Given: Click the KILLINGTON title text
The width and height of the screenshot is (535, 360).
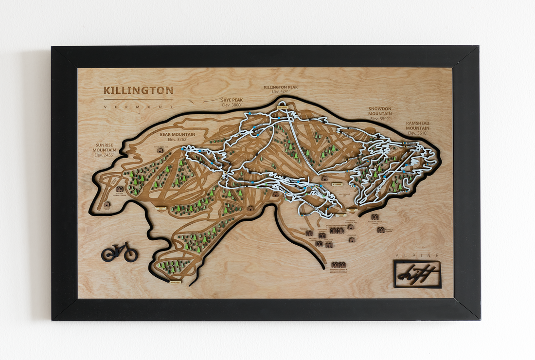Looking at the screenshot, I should coord(138,90).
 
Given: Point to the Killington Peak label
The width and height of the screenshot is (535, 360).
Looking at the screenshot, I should coord(281,88).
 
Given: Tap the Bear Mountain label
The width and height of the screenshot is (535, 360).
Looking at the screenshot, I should coord(178,134).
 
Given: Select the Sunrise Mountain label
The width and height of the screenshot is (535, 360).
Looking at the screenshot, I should coord(105,147).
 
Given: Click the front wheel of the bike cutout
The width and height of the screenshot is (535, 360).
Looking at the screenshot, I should coord(131,255).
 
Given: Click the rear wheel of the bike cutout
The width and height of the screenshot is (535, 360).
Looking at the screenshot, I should coord(108,254).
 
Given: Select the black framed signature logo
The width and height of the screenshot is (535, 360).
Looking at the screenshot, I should coord(417,274).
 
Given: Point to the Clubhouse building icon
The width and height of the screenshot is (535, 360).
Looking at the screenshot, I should coord(352,240).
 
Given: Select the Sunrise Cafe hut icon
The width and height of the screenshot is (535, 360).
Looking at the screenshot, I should coord(107,204).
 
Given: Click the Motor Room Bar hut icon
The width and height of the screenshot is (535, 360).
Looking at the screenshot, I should coord(160,150).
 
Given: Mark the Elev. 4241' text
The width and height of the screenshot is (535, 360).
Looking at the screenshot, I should coord(281,91).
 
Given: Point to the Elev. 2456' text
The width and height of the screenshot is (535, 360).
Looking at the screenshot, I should coord(105,156).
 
